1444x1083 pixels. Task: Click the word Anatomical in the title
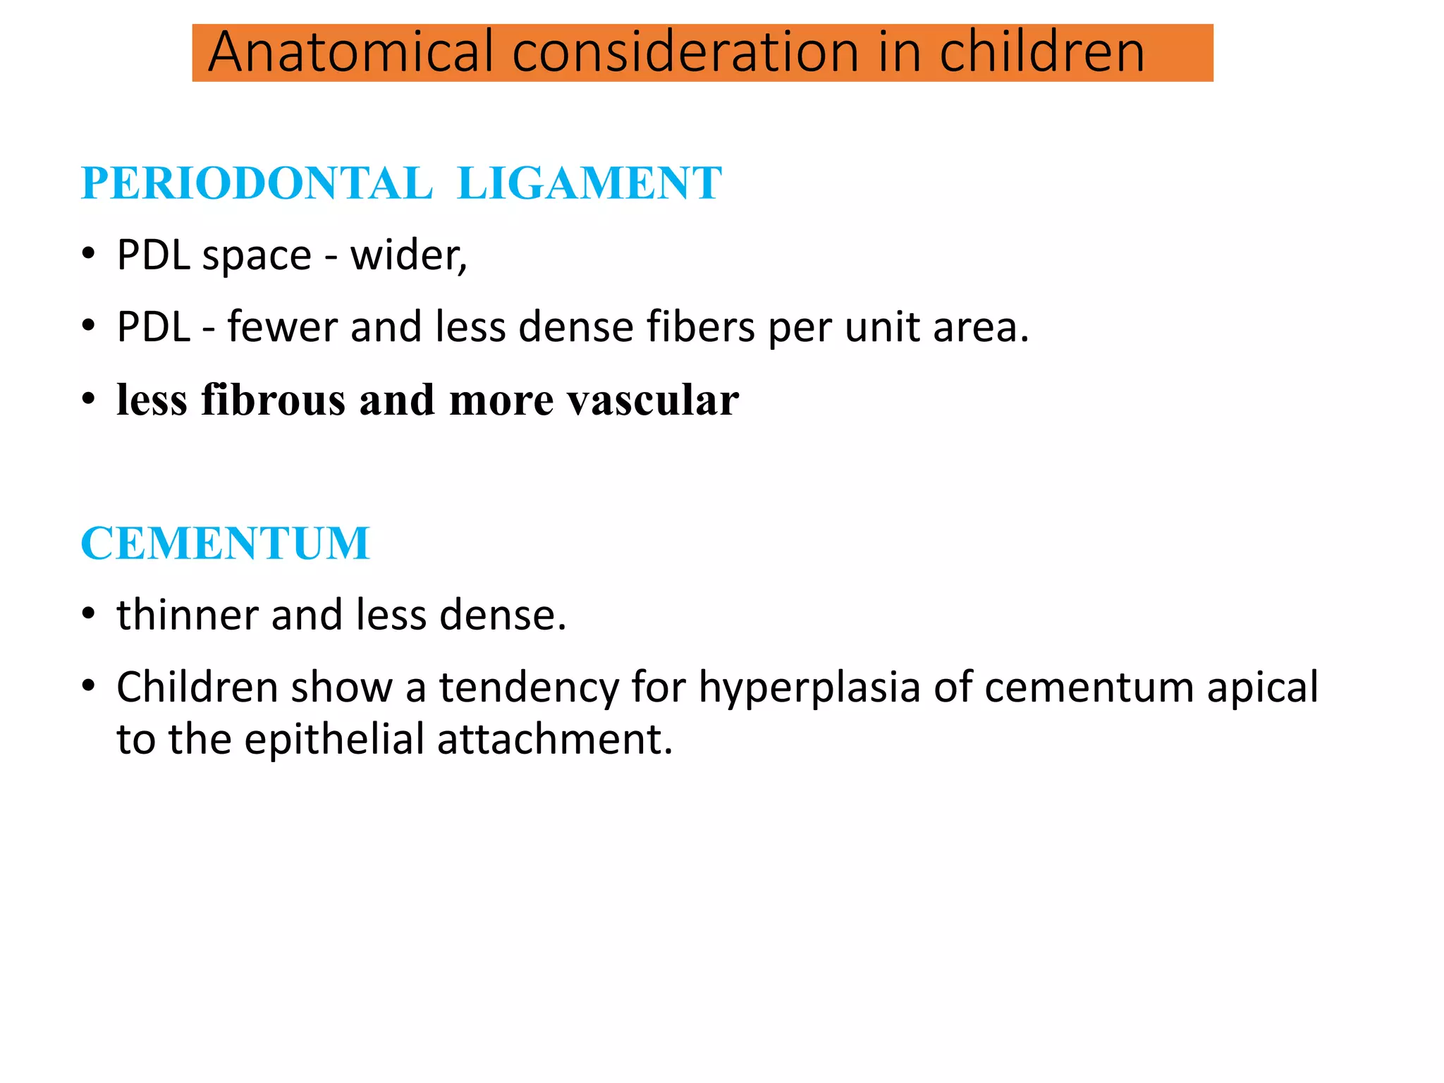tap(350, 52)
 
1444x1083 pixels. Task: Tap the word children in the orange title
tap(1041, 52)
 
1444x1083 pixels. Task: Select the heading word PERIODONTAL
tap(257, 183)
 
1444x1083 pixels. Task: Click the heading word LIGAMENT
tap(589, 183)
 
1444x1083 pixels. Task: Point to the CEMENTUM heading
tap(226, 543)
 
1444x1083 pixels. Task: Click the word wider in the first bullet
tap(408, 255)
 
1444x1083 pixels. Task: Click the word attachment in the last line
tap(554, 740)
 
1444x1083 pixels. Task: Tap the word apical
tap(1262, 687)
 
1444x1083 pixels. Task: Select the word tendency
tap(529, 687)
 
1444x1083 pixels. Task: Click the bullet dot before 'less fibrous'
tap(88, 400)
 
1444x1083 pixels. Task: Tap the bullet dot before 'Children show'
tap(88, 686)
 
